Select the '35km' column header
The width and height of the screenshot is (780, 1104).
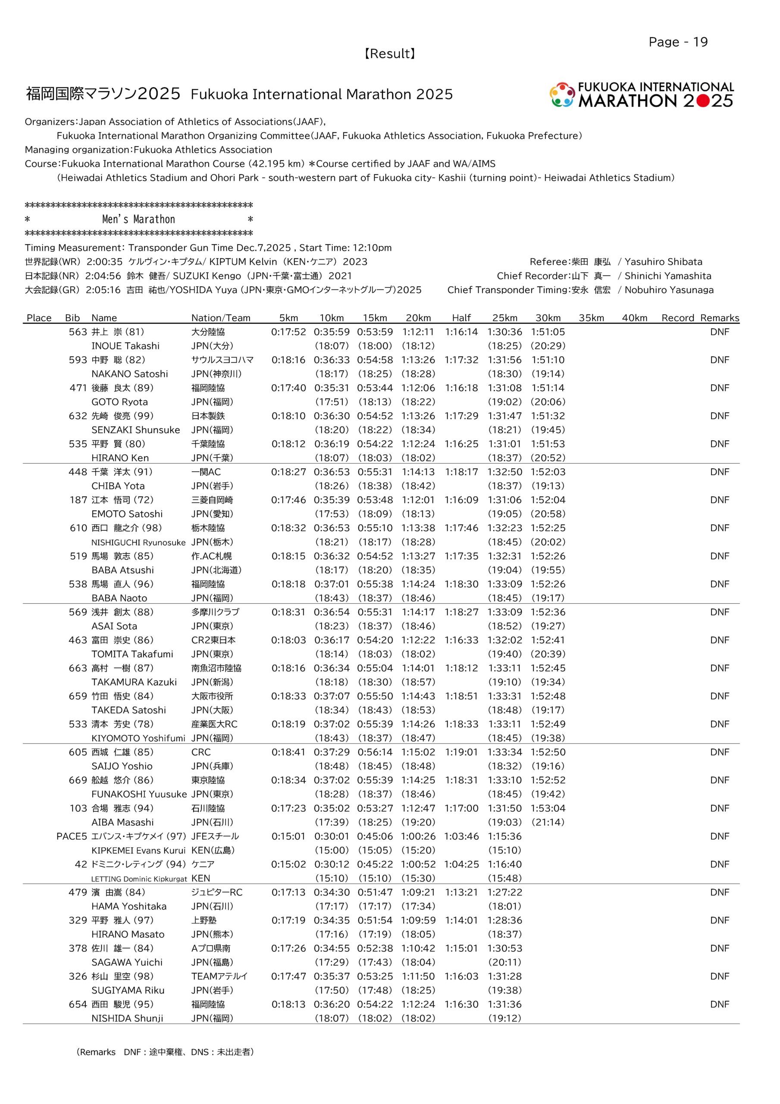(x=591, y=318)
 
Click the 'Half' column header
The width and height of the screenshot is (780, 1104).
(x=461, y=318)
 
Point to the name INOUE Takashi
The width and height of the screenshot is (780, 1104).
(x=125, y=346)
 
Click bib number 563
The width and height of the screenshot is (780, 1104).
(x=78, y=332)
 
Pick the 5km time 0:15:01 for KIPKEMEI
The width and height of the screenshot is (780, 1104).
(x=288, y=836)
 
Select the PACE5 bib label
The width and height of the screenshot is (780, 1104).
(x=72, y=836)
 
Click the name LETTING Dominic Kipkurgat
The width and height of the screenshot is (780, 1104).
(x=139, y=878)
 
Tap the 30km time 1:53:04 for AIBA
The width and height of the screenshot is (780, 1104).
(x=548, y=808)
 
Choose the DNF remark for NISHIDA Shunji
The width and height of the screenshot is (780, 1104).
(x=719, y=1004)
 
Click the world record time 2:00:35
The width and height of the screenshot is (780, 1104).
(x=104, y=262)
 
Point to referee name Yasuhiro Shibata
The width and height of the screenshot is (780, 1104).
(x=663, y=262)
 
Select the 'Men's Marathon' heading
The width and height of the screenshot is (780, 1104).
(x=138, y=219)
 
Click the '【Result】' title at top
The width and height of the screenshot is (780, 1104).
(x=389, y=53)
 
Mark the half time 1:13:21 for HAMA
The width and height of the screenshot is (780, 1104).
(x=461, y=892)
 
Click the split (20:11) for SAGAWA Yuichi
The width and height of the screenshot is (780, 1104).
(x=504, y=962)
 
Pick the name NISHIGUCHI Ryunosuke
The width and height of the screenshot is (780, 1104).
(x=138, y=543)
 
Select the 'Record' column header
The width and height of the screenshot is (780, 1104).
(x=677, y=318)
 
